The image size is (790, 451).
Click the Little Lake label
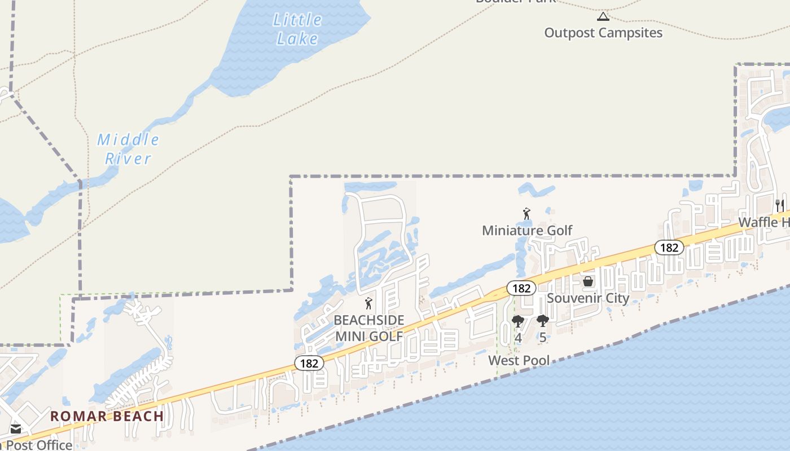tap(297, 29)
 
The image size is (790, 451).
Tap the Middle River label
tap(128, 149)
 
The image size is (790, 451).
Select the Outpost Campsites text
tap(603, 33)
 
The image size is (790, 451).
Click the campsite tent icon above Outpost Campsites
tap(603, 16)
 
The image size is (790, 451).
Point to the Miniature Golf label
tap(527, 230)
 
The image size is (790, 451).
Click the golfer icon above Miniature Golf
tap(526, 214)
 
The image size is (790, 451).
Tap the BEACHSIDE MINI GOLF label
tap(369, 328)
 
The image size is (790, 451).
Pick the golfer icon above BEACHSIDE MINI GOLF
tap(368, 303)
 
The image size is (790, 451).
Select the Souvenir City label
tap(588, 298)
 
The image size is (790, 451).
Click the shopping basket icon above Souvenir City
tap(588, 281)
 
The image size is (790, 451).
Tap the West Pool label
tap(519, 360)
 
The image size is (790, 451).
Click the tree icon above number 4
tap(517, 322)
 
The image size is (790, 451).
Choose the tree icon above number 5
tap(542, 321)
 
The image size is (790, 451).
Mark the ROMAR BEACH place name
tap(107, 417)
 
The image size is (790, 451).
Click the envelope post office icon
tap(15, 429)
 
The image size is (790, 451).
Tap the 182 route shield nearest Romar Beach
tap(309, 364)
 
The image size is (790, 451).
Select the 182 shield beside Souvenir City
tap(521, 288)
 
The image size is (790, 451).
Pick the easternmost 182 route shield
tap(669, 247)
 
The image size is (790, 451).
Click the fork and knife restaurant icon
tap(779, 205)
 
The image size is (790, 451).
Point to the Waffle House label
tap(764, 222)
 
